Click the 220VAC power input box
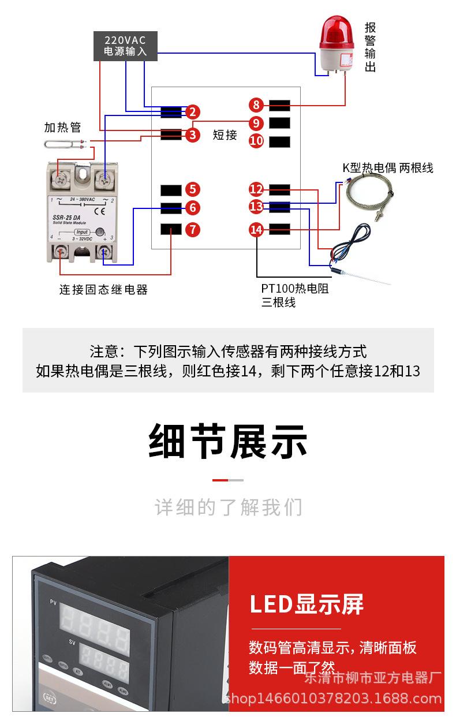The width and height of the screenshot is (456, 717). pyautogui.click(x=125, y=46)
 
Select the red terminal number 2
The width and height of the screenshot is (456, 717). pyautogui.click(x=193, y=112)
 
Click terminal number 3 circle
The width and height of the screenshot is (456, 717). pyautogui.click(x=193, y=135)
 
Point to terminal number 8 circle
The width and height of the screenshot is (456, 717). pyautogui.click(x=256, y=105)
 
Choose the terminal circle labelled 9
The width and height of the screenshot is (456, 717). pyautogui.click(x=256, y=123)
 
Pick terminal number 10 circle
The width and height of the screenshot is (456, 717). pyautogui.click(x=256, y=141)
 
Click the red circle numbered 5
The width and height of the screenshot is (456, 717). pyautogui.click(x=193, y=189)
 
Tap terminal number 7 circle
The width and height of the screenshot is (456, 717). pyautogui.click(x=193, y=230)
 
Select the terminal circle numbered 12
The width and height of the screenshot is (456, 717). pyautogui.click(x=256, y=189)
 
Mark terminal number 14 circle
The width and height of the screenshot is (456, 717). pyautogui.click(x=256, y=230)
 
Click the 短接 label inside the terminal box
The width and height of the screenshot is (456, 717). pyautogui.click(x=225, y=135)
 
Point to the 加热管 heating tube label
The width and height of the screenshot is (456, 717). pyautogui.click(x=63, y=127)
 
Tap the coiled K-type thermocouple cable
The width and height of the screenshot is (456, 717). pyautogui.click(x=369, y=196)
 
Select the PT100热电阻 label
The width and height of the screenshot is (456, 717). pyautogui.click(x=295, y=289)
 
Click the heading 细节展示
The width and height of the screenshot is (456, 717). pyautogui.click(x=228, y=442)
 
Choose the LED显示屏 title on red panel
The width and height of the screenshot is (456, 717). pyautogui.click(x=307, y=604)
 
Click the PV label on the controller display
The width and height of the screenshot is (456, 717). pyautogui.click(x=53, y=603)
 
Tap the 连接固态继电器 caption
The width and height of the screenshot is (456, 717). pyautogui.click(x=103, y=290)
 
